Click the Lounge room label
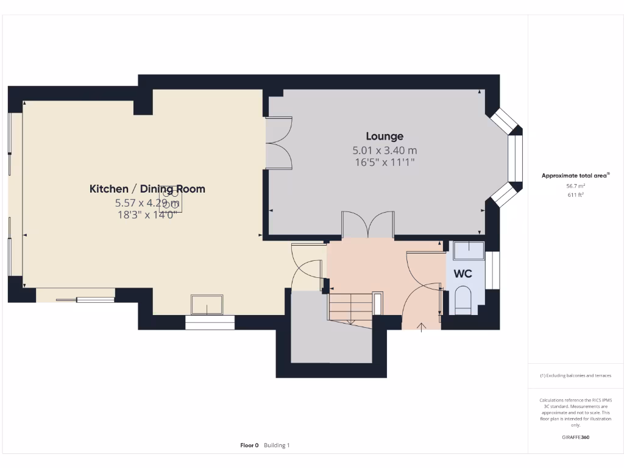point(385,136)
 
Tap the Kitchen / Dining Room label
point(147,189)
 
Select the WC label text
point(463,274)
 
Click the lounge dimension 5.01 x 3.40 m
point(385,150)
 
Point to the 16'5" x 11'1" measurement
point(385,162)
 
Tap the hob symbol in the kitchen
point(171,199)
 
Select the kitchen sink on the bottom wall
point(207,304)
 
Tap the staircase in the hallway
point(350,308)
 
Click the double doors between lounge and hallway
point(367,224)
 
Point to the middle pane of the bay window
point(516,158)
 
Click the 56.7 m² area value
point(576,186)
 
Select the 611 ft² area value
point(576,195)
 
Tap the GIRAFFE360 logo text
point(576,437)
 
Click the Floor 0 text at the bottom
point(249,445)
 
